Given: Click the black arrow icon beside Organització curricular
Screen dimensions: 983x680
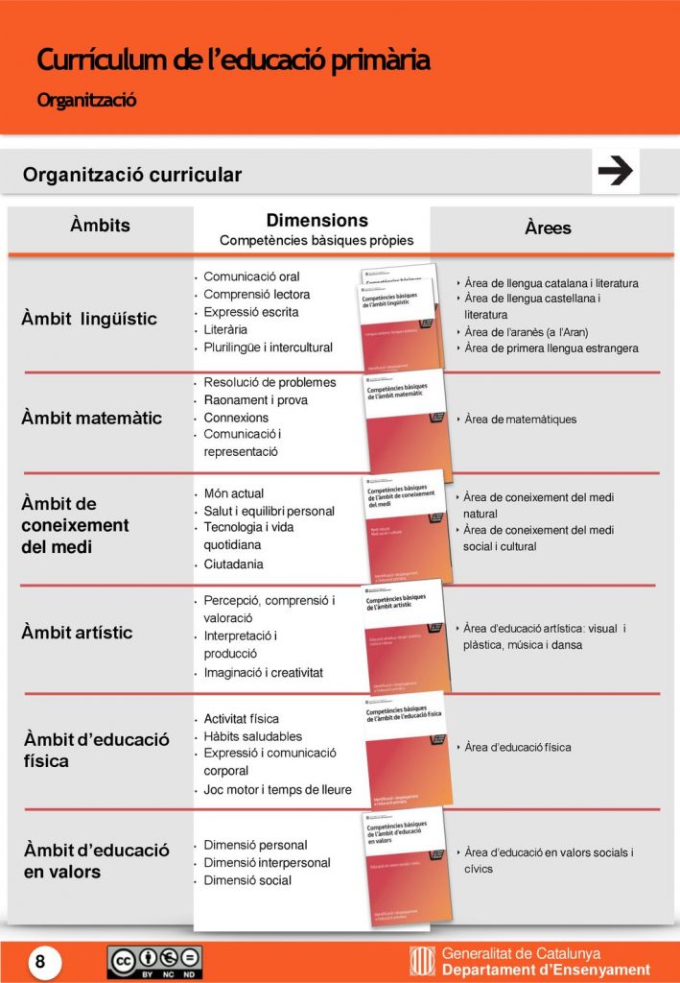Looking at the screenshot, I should [x=615, y=172].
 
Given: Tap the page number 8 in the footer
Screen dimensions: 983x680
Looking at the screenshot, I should [x=40, y=960].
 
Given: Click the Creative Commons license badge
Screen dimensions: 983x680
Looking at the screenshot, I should [x=153, y=961].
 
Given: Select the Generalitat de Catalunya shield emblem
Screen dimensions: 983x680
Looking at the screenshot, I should [x=422, y=961].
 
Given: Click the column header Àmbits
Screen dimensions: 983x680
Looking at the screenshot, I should [x=100, y=226].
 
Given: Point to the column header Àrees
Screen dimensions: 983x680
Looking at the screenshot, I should [x=548, y=228].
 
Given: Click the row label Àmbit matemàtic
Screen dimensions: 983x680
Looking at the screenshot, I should [x=91, y=418].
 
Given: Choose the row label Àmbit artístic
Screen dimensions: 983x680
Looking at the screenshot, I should [x=77, y=633].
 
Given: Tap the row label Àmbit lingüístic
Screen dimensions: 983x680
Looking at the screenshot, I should [x=88, y=319].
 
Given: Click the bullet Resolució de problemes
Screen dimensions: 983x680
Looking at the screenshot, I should [x=270, y=382].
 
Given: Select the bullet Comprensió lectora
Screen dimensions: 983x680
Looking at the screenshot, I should [x=256, y=294].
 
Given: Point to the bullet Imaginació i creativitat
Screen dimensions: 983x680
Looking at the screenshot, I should [x=263, y=672].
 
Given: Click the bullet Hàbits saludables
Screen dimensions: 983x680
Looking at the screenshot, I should [x=252, y=735].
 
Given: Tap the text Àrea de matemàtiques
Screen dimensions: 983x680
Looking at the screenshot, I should [x=521, y=420].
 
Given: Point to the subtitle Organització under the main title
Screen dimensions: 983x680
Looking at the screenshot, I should [x=86, y=99].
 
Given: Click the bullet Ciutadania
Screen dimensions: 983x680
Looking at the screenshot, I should [x=233, y=564].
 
